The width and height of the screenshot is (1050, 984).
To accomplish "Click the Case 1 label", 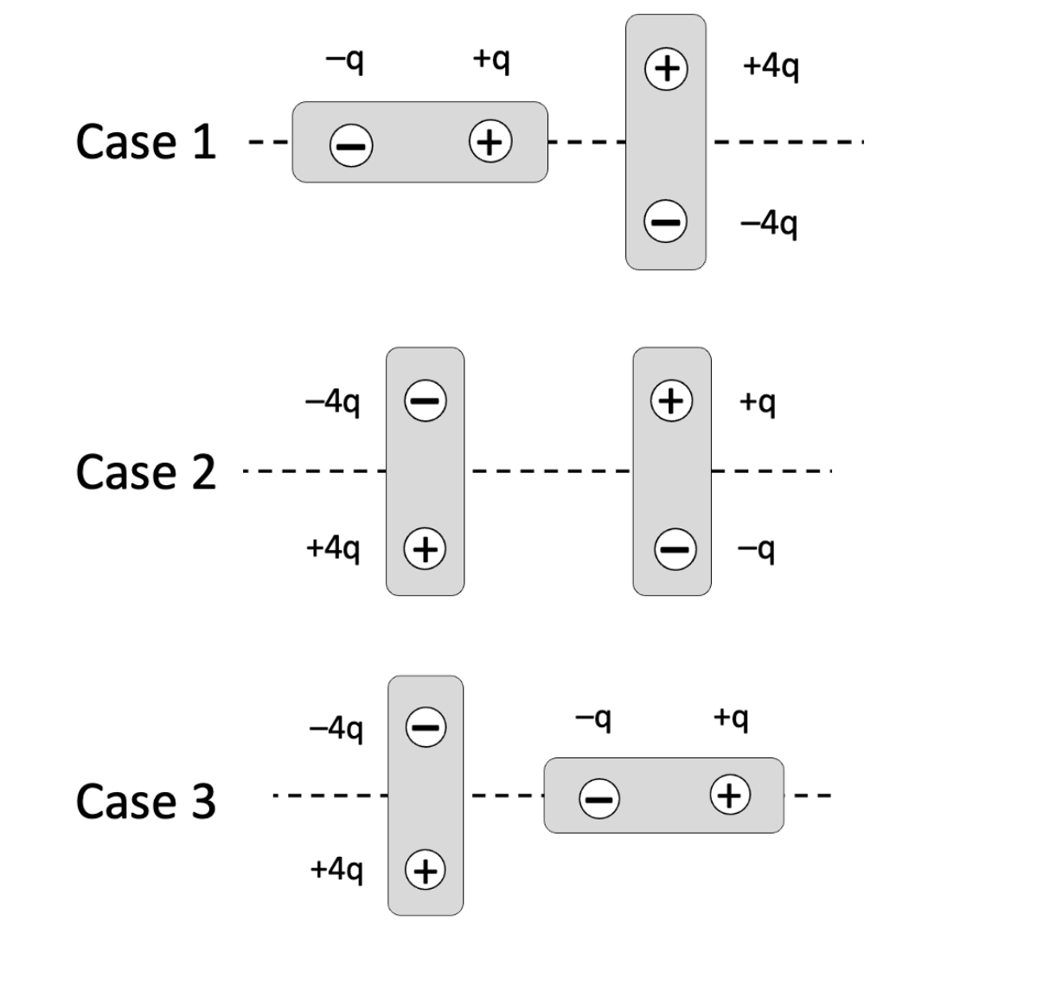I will [x=145, y=142].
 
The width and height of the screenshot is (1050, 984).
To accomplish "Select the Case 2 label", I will [x=145, y=472].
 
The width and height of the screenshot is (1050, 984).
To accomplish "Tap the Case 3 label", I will [x=145, y=801].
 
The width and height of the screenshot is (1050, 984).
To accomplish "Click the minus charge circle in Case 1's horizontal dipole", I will [x=350, y=145].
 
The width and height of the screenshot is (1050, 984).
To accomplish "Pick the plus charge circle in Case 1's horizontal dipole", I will [x=490, y=141].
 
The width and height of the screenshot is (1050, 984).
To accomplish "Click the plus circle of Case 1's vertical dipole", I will [x=666, y=69].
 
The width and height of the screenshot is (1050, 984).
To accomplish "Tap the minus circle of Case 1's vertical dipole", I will [x=665, y=221].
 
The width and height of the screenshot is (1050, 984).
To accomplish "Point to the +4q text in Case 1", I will [x=771, y=67].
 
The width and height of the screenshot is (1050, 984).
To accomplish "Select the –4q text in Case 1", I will [x=769, y=224].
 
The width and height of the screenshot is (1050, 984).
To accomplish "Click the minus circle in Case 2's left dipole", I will [x=425, y=401].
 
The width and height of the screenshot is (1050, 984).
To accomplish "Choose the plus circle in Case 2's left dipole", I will [x=425, y=548].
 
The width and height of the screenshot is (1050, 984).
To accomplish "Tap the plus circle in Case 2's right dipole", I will [x=672, y=401].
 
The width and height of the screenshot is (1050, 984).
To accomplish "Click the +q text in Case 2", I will [x=758, y=402].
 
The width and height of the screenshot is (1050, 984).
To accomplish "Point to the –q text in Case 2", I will [x=757, y=550].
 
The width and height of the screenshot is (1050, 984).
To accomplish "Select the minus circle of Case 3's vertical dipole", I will [x=426, y=726].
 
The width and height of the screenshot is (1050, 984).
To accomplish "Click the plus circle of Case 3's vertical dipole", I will [x=426, y=870].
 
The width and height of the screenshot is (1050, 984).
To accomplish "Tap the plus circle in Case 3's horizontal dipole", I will [x=730, y=795].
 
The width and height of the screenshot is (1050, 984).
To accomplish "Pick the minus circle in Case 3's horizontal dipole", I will [x=599, y=797].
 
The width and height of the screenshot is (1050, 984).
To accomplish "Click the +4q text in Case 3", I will [x=336, y=869].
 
